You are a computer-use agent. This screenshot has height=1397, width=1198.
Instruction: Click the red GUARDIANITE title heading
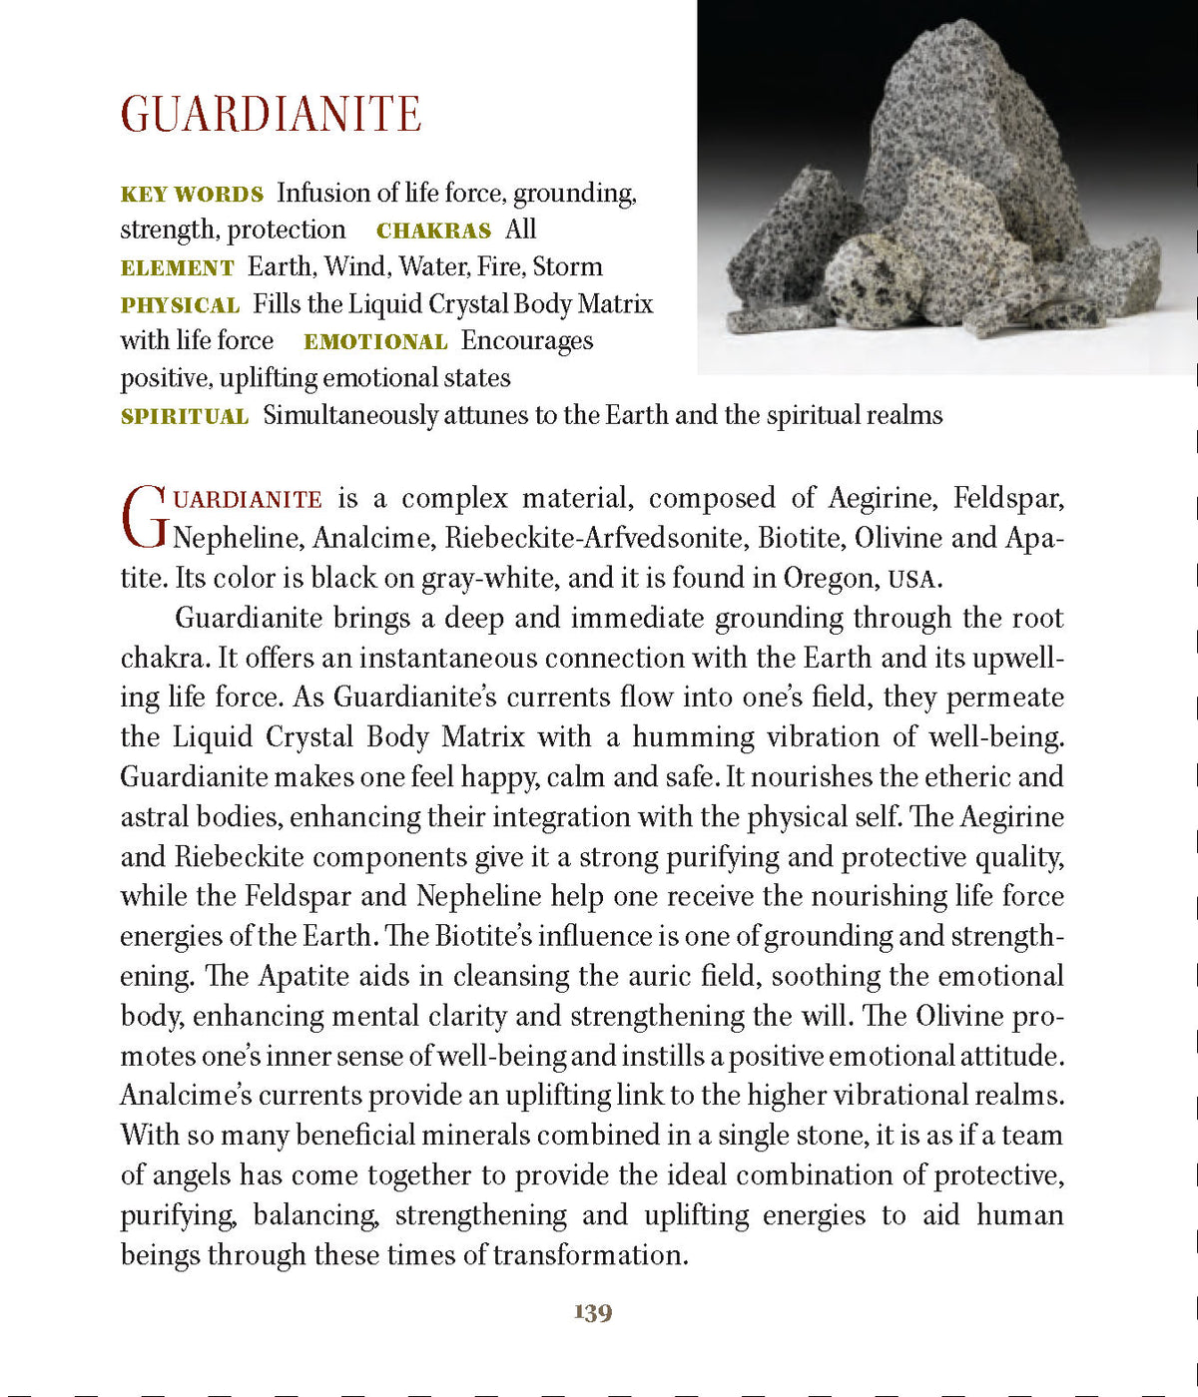click(x=271, y=115)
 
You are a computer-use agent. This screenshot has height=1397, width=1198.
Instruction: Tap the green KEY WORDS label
click(x=192, y=195)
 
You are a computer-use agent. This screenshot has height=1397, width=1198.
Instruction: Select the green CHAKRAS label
click(x=433, y=232)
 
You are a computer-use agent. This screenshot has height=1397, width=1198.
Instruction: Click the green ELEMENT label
click(x=177, y=268)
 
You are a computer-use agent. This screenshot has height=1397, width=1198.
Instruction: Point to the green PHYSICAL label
click(x=180, y=305)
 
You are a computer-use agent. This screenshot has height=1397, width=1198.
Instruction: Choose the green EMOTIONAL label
click(x=375, y=342)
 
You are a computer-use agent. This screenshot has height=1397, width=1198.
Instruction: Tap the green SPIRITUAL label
click(x=185, y=417)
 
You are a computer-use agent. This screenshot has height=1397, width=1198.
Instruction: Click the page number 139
click(x=593, y=1313)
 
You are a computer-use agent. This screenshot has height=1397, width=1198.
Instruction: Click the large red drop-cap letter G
click(x=143, y=518)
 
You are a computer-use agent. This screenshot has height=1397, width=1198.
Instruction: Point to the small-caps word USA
click(x=912, y=580)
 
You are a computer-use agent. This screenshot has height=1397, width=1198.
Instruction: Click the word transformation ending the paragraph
click(x=589, y=1255)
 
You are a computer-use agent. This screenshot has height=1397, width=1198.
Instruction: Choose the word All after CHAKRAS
click(x=520, y=231)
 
